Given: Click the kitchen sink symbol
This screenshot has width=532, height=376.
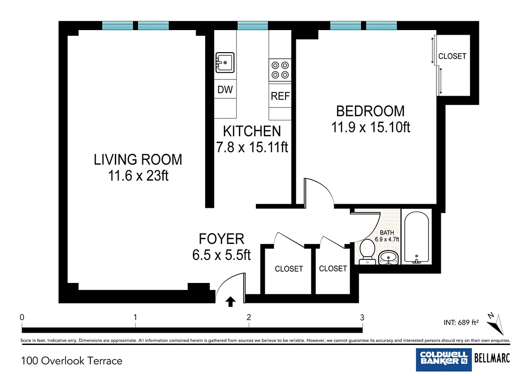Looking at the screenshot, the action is pos(225,63).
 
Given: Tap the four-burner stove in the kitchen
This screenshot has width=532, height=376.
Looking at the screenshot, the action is pos(280,70).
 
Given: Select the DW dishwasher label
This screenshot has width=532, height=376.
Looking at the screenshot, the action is pos(225,89).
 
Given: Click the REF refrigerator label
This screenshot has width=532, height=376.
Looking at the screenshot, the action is pos(280,96).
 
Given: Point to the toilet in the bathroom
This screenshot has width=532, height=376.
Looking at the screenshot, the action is pos(367,251).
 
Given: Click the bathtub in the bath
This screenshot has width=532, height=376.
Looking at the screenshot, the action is pos(417,238).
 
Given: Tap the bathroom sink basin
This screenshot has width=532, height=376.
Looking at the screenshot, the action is pos(388,258).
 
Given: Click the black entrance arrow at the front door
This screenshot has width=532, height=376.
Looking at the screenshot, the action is pos(230,301).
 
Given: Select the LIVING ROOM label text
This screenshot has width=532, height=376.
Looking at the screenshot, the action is pos(138,160).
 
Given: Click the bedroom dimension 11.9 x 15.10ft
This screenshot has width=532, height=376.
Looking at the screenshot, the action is pos(371,127).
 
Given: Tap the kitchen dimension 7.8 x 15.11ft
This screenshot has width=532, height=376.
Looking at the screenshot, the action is pos(252,147).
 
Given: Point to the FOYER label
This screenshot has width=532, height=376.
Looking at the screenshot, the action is pos(221,239).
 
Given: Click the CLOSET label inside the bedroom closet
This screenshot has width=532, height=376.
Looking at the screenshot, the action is pos(452,56).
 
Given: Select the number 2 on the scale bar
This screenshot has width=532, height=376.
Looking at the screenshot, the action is pos(249,317).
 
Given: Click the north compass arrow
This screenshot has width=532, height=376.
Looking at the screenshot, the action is pos(496,324).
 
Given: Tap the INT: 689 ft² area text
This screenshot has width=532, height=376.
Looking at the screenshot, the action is pos(461,322).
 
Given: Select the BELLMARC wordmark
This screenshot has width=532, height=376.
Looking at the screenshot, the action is pos(492,358).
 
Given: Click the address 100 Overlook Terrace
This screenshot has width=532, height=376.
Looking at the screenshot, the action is pos(71,361).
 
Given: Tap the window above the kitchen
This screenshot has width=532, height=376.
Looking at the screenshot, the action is pos(253,25).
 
